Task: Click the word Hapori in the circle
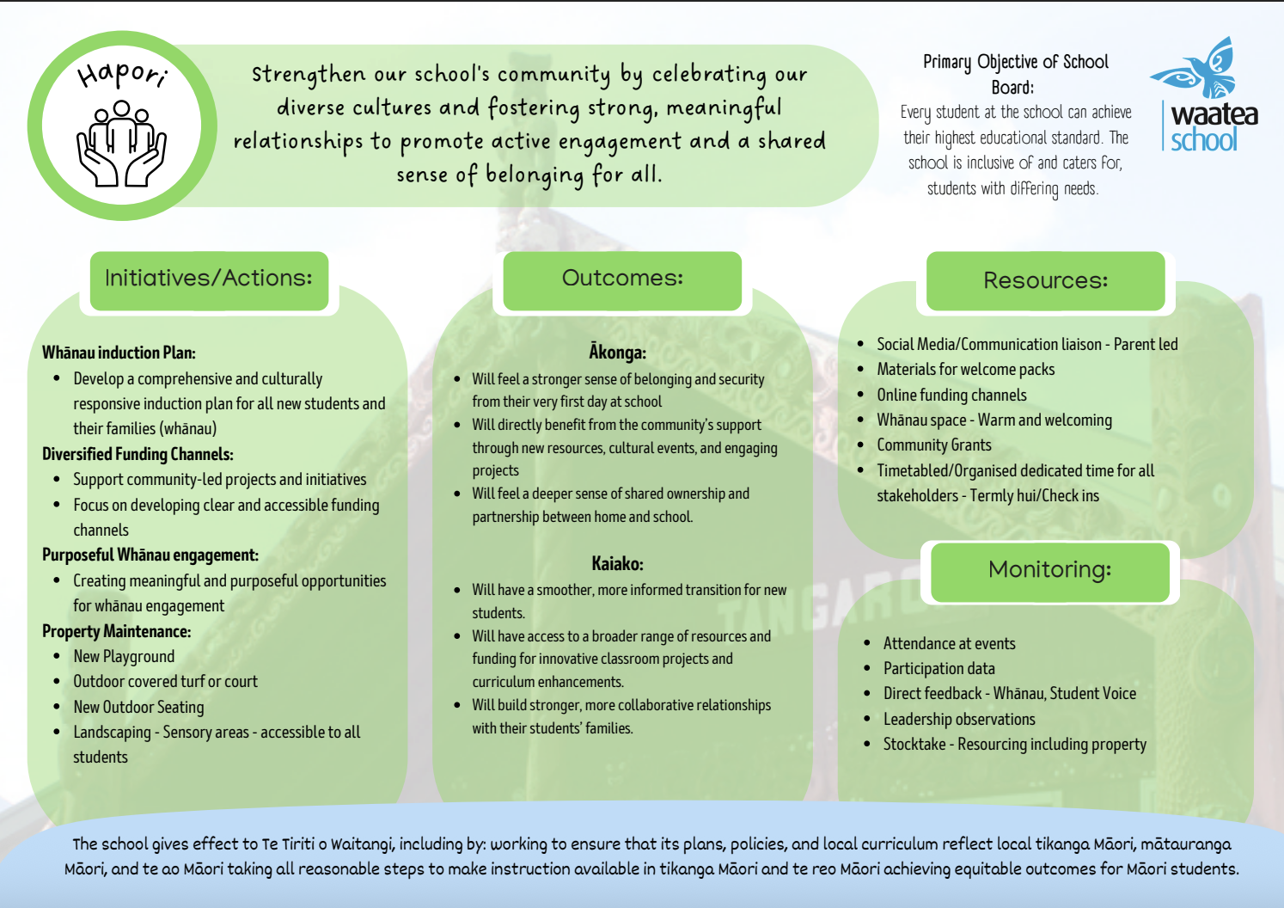click(122, 75)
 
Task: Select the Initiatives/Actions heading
click(209, 279)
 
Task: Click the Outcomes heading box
click(622, 279)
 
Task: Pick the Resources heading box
click(1045, 281)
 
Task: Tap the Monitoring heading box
click(1049, 570)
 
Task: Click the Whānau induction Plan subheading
click(119, 353)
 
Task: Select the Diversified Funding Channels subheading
click(138, 454)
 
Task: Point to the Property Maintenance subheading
click(116, 631)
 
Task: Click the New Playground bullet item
click(124, 657)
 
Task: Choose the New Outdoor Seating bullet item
click(138, 707)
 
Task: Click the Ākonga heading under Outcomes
click(617, 353)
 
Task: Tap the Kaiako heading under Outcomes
click(617, 564)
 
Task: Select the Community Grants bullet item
click(933, 445)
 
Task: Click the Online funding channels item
click(951, 395)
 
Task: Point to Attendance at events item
click(949, 643)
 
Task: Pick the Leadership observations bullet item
click(959, 719)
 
